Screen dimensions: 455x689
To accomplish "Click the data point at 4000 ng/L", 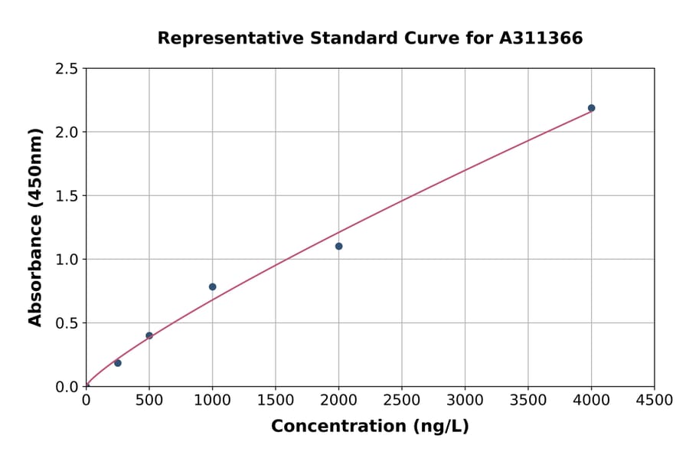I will point(591,108).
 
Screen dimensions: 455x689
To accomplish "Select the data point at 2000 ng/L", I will point(338,246).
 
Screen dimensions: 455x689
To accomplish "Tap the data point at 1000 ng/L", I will point(212,286).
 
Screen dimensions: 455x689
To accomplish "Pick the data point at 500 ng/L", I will point(149,336).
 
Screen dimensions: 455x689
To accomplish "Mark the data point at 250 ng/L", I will point(118,363).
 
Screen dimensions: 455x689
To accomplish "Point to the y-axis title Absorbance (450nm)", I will point(35,227).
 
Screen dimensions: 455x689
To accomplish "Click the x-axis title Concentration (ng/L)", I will point(370,426).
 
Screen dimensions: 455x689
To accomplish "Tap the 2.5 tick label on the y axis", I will point(67,69).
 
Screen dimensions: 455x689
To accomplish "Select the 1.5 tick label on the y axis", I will point(67,196).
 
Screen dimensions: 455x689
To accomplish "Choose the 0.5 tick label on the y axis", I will point(67,323).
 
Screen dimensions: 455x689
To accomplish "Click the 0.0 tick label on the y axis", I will point(67,387).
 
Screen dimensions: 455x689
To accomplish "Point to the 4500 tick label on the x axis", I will point(654,401).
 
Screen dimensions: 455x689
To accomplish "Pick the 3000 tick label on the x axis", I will point(465,401).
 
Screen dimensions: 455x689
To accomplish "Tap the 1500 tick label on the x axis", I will point(276,401).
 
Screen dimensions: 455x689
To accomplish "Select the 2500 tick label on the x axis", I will point(402,401).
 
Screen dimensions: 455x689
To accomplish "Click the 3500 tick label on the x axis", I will point(528,401).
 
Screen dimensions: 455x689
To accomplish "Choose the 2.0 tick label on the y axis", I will point(67,133).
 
